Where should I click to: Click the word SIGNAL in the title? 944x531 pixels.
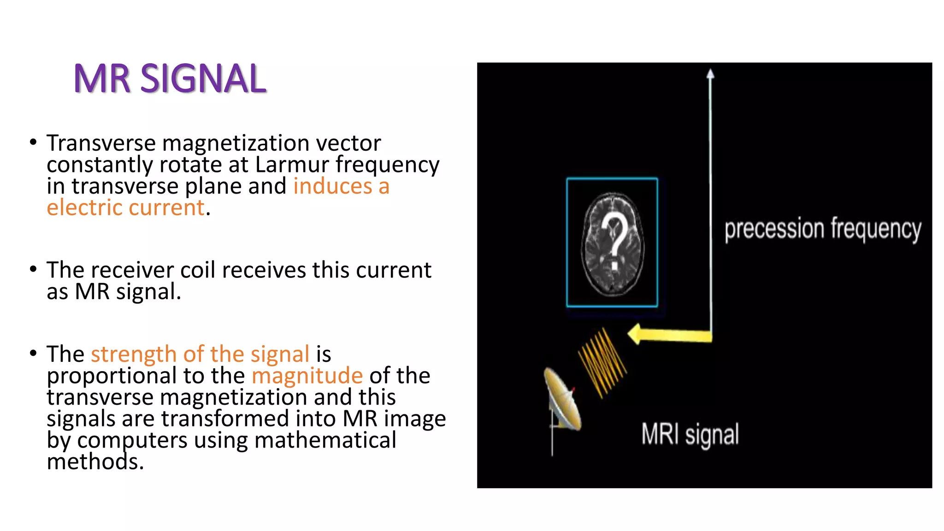click(x=203, y=79)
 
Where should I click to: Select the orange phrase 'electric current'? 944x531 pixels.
click(x=125, y=207)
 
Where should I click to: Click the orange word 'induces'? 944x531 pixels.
click(x=332, y=186)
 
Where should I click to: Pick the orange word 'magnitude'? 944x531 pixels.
click(x=307, y=375)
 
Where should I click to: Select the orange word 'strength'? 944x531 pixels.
click(x=134, y=354)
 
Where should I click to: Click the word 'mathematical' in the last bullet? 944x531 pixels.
click(x=325, y=440)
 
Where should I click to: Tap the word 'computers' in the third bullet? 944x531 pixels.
click(x=132, y=440)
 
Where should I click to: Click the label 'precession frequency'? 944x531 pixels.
click(x=822, y=229)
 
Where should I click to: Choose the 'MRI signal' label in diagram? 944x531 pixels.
click(x=690, y=434)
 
